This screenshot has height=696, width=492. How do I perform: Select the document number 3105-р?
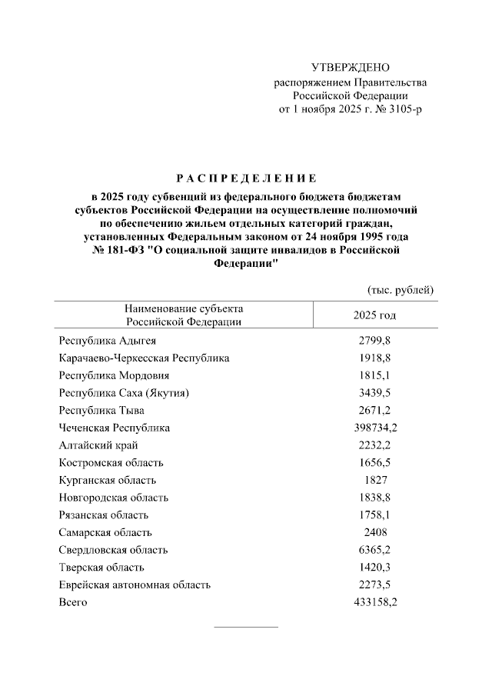click(404, 109)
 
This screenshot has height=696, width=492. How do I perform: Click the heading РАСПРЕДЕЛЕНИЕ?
click(245, 178)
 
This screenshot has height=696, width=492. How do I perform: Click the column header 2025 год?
click(374, 315)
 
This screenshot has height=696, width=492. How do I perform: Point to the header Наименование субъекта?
click(184, 309)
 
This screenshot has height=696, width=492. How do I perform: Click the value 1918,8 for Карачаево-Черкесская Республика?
click(374, 358)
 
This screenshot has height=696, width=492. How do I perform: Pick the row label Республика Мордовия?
click(114, 375)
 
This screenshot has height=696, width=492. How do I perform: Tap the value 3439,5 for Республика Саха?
click(374, 393)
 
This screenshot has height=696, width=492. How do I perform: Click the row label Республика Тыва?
click(101, 411)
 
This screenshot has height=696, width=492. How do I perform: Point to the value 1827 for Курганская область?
click(374, 480)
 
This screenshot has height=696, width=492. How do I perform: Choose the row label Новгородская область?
click(113, 498)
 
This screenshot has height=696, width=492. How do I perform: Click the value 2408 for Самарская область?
click(374, 532)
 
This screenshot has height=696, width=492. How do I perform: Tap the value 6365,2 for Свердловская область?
click(374, 550)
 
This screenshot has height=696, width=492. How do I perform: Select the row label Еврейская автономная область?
click(135, 585)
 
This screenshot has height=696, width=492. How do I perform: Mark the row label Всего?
click(73, 602)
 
